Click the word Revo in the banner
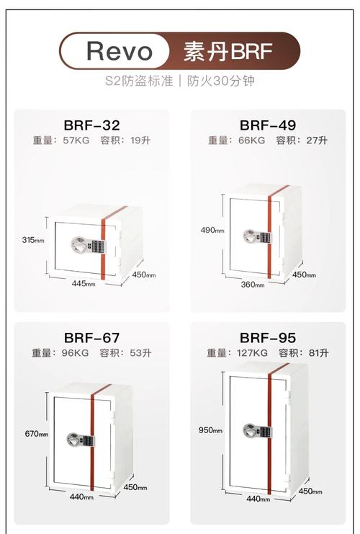coord(120,51)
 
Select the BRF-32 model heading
coord(91,125)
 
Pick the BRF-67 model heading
coord(91,337)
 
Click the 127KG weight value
coord(252,353)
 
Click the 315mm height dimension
coord(32,239)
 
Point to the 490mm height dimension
coord(212,230)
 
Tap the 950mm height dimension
coord(212,430)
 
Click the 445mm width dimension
coord(83,283)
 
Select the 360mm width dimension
coord(253,284)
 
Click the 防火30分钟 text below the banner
coord(223,81)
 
